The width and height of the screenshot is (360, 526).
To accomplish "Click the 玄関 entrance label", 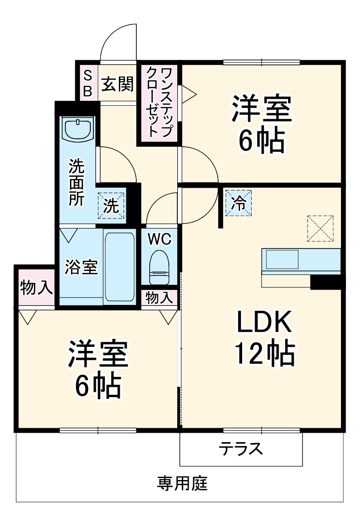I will coord(118,84).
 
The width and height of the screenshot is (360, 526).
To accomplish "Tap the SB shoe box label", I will coord(87,83).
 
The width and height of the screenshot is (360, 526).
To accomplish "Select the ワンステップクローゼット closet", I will coord(159,104).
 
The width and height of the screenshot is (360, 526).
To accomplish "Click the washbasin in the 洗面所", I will coord(78,129).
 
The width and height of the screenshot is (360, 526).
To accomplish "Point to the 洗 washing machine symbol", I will coord(111,206).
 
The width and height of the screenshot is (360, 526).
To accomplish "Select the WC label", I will coord(159,239).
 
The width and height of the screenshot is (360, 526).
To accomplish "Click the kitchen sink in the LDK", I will coord(282,260).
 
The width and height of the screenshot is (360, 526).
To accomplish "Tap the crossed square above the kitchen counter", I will coord(320,228).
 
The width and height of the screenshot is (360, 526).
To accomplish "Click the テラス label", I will coord(240,449).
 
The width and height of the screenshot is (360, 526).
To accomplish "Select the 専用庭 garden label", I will coord(182,483).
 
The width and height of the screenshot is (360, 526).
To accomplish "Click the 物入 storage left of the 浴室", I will coord(35,287).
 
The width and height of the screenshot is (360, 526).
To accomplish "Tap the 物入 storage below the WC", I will coord(159,297).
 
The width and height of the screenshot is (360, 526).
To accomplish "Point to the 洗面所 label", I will coord(76,182).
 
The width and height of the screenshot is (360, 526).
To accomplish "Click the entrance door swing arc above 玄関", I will coord(118,42).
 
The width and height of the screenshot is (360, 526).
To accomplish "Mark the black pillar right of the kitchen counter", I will coord(325,282).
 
